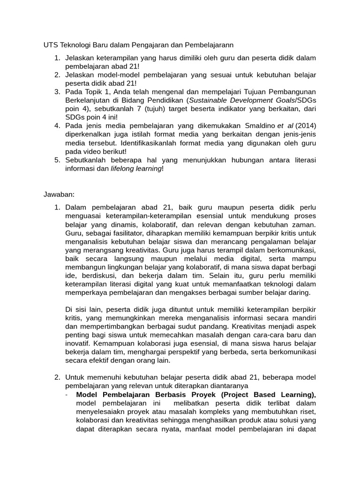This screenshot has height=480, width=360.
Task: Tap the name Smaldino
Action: click(263, 126)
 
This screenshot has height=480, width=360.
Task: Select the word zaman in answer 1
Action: click(305, 225)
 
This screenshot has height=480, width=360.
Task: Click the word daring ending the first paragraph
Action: click(299, 292)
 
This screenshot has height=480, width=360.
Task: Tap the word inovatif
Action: click(80, 344)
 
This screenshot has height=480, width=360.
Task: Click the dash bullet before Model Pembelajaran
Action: click(67, 395)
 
